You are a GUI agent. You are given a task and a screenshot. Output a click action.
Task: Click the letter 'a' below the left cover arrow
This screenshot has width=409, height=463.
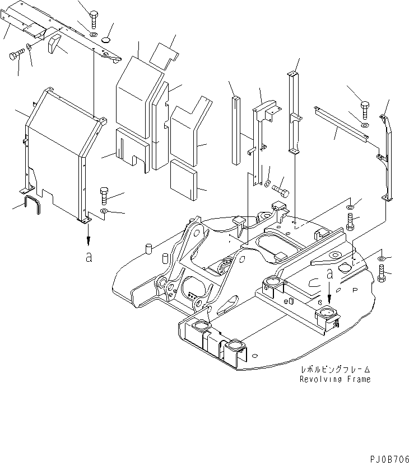pyautogui.click(x=87, y=257)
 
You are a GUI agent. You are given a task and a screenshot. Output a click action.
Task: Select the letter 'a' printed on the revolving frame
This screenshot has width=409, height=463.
pyautogui.click(x=330, y=274)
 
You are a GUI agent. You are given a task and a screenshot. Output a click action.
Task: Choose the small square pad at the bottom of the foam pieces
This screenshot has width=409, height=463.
pyautogui.click(x=184, y=179)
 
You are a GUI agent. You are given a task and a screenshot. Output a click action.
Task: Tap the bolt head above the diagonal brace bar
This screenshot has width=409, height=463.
pyautogui.click(x=364, y=107)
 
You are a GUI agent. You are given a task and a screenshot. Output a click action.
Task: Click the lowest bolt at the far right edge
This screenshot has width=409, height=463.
pyautogui.click(x=383, y=275)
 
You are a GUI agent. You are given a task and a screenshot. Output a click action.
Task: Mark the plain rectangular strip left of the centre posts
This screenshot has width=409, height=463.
pyautogui.click(x=235, y=130)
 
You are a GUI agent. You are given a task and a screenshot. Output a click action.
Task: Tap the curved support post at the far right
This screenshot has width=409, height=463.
pyautogui.click(x=387, y=157)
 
